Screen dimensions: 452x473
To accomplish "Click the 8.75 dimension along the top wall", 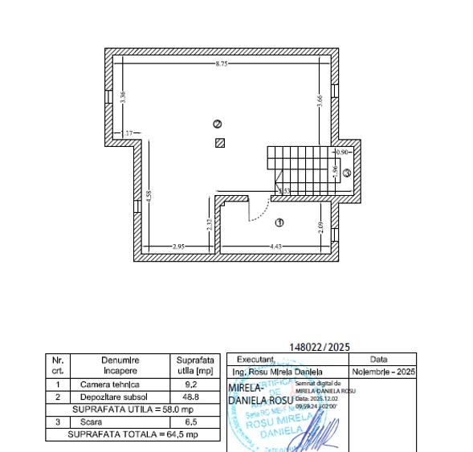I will point(220,63).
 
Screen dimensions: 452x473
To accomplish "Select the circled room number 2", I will point(217,124).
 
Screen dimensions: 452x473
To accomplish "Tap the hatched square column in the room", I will point(219,143).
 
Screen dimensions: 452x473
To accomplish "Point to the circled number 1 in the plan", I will point(279,222).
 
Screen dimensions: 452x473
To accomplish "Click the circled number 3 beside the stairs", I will point(347,172).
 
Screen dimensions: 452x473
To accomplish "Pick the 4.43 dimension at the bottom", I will point(275,246).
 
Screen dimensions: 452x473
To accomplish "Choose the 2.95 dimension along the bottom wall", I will point(179,246).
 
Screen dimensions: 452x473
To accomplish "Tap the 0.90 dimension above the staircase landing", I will point(343,151).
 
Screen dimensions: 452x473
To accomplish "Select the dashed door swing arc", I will point(259,210).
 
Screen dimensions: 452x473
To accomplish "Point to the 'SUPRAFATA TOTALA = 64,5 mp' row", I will point(133,434).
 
